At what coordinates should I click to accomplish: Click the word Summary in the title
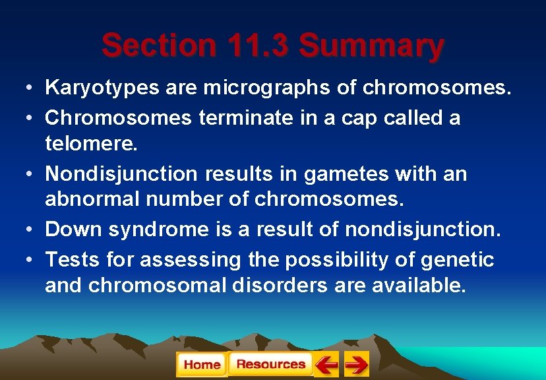coord(371,46)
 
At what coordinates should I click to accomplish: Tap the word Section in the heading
coord(158,46)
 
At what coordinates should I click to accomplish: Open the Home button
coord(202,365)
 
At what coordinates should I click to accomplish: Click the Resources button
coord(270,364)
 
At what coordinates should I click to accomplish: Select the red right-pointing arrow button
coord(356,364)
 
